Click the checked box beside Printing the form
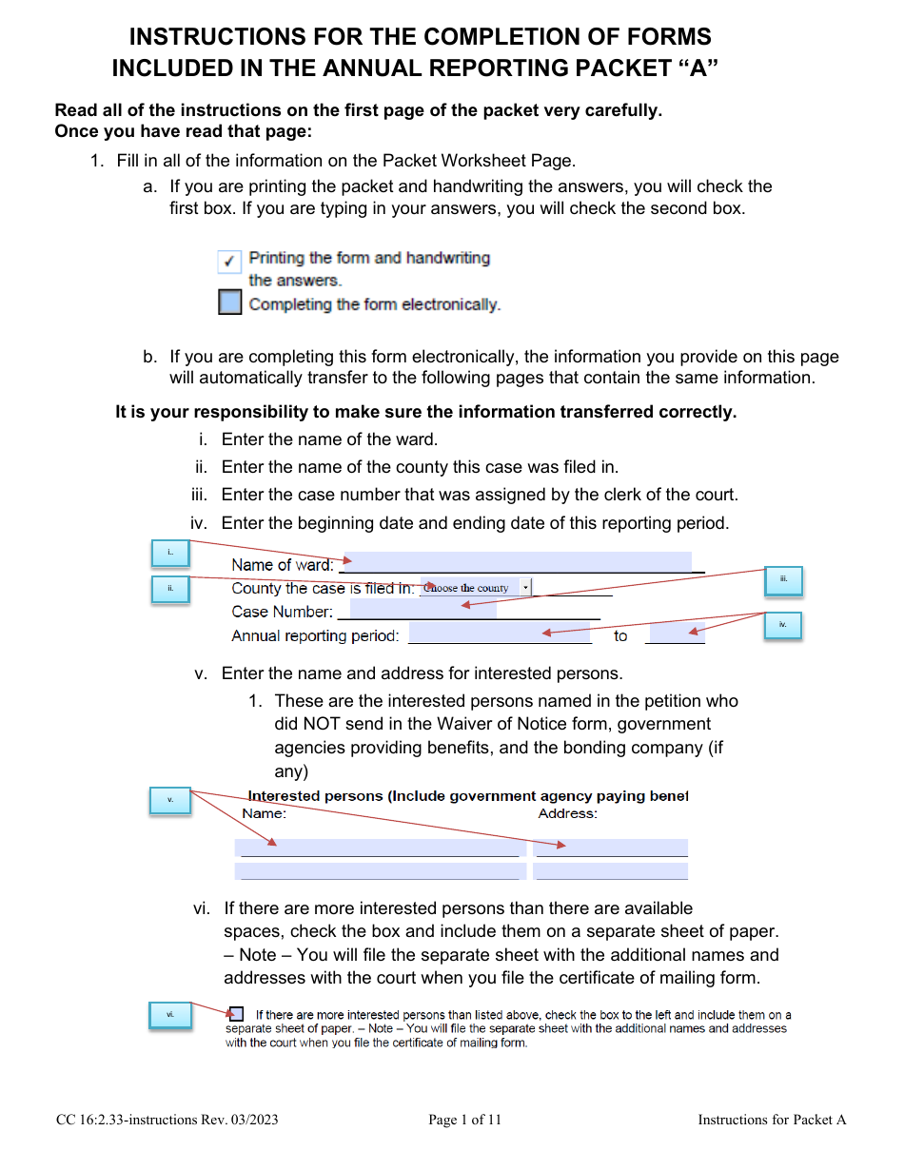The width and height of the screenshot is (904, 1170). [229, 262]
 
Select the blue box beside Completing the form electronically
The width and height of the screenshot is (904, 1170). [229, 302]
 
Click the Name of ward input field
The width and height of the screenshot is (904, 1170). [517, 563]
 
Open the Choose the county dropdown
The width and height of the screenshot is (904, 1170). [476, 588]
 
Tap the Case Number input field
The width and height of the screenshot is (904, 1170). [423, 610]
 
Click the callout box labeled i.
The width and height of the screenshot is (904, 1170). [170, 553]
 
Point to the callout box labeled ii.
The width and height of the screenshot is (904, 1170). [170, 589]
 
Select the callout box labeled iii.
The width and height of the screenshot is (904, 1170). [784, 580]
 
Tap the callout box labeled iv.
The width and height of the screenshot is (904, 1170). [783, 625]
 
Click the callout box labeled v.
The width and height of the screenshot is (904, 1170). [170, 800]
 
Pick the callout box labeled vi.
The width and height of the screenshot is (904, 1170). [170, 1015]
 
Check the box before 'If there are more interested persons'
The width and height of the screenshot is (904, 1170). [236, 1014]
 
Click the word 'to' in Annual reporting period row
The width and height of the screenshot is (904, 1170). [620, 635]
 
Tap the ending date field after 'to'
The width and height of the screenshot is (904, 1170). [676, 634]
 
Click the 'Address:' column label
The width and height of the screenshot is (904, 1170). [568, 813]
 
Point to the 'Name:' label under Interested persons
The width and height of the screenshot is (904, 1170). [264, 813]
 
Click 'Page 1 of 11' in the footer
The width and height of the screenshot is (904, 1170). [464, 1120]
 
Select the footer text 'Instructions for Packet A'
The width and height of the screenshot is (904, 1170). [772, 1120]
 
